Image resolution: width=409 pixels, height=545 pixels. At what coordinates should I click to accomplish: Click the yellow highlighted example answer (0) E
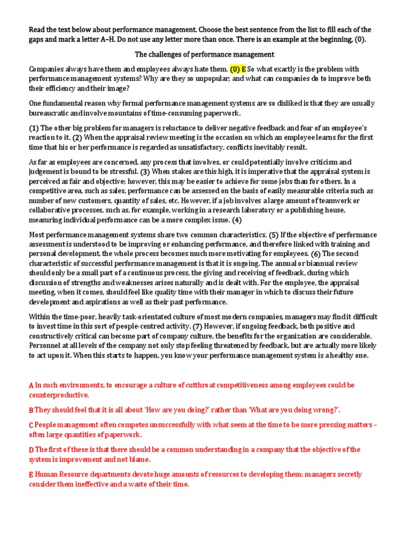238,69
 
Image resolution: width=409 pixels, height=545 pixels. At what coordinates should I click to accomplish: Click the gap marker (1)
34,128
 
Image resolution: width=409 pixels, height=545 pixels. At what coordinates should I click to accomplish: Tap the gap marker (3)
145,172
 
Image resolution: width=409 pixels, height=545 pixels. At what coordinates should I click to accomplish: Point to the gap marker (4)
236,220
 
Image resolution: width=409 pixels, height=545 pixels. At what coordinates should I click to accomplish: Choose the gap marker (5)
273,235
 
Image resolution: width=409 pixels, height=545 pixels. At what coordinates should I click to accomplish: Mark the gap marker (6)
316,254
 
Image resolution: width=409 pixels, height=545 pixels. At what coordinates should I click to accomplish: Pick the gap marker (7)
197,326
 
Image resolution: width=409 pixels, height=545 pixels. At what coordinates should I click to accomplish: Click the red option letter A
31,385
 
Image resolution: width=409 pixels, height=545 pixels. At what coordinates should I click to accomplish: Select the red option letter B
31,410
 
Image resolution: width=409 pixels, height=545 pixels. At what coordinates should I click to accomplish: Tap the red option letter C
31,425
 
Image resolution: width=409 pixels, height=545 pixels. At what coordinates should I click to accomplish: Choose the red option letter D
31,450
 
